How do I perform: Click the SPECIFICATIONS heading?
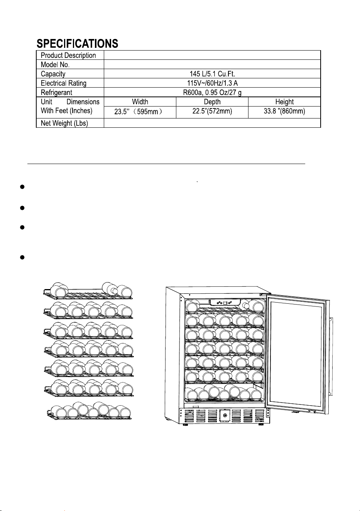click(77, 43)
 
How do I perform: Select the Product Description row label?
click(68, 55)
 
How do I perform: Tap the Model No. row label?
click(55, 64)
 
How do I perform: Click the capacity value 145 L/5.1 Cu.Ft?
click(212, 74)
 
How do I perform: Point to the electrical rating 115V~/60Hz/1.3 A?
click(212, 83)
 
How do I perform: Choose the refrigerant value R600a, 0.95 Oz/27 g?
click(212, 92)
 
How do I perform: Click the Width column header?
click(140, 102)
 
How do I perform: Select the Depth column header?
click(212, 102)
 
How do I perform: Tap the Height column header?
click(284, 102)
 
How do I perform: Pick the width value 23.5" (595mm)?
click(139, 112)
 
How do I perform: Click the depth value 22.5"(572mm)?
click(212, 111)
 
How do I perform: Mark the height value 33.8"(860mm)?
click(284, 111)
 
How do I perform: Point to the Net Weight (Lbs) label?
click(64, 123)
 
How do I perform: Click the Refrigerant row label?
click(56, 92)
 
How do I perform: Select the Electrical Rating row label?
click(63, 83)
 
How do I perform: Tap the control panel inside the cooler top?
click(225, 303)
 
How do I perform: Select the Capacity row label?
click(53, 74)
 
